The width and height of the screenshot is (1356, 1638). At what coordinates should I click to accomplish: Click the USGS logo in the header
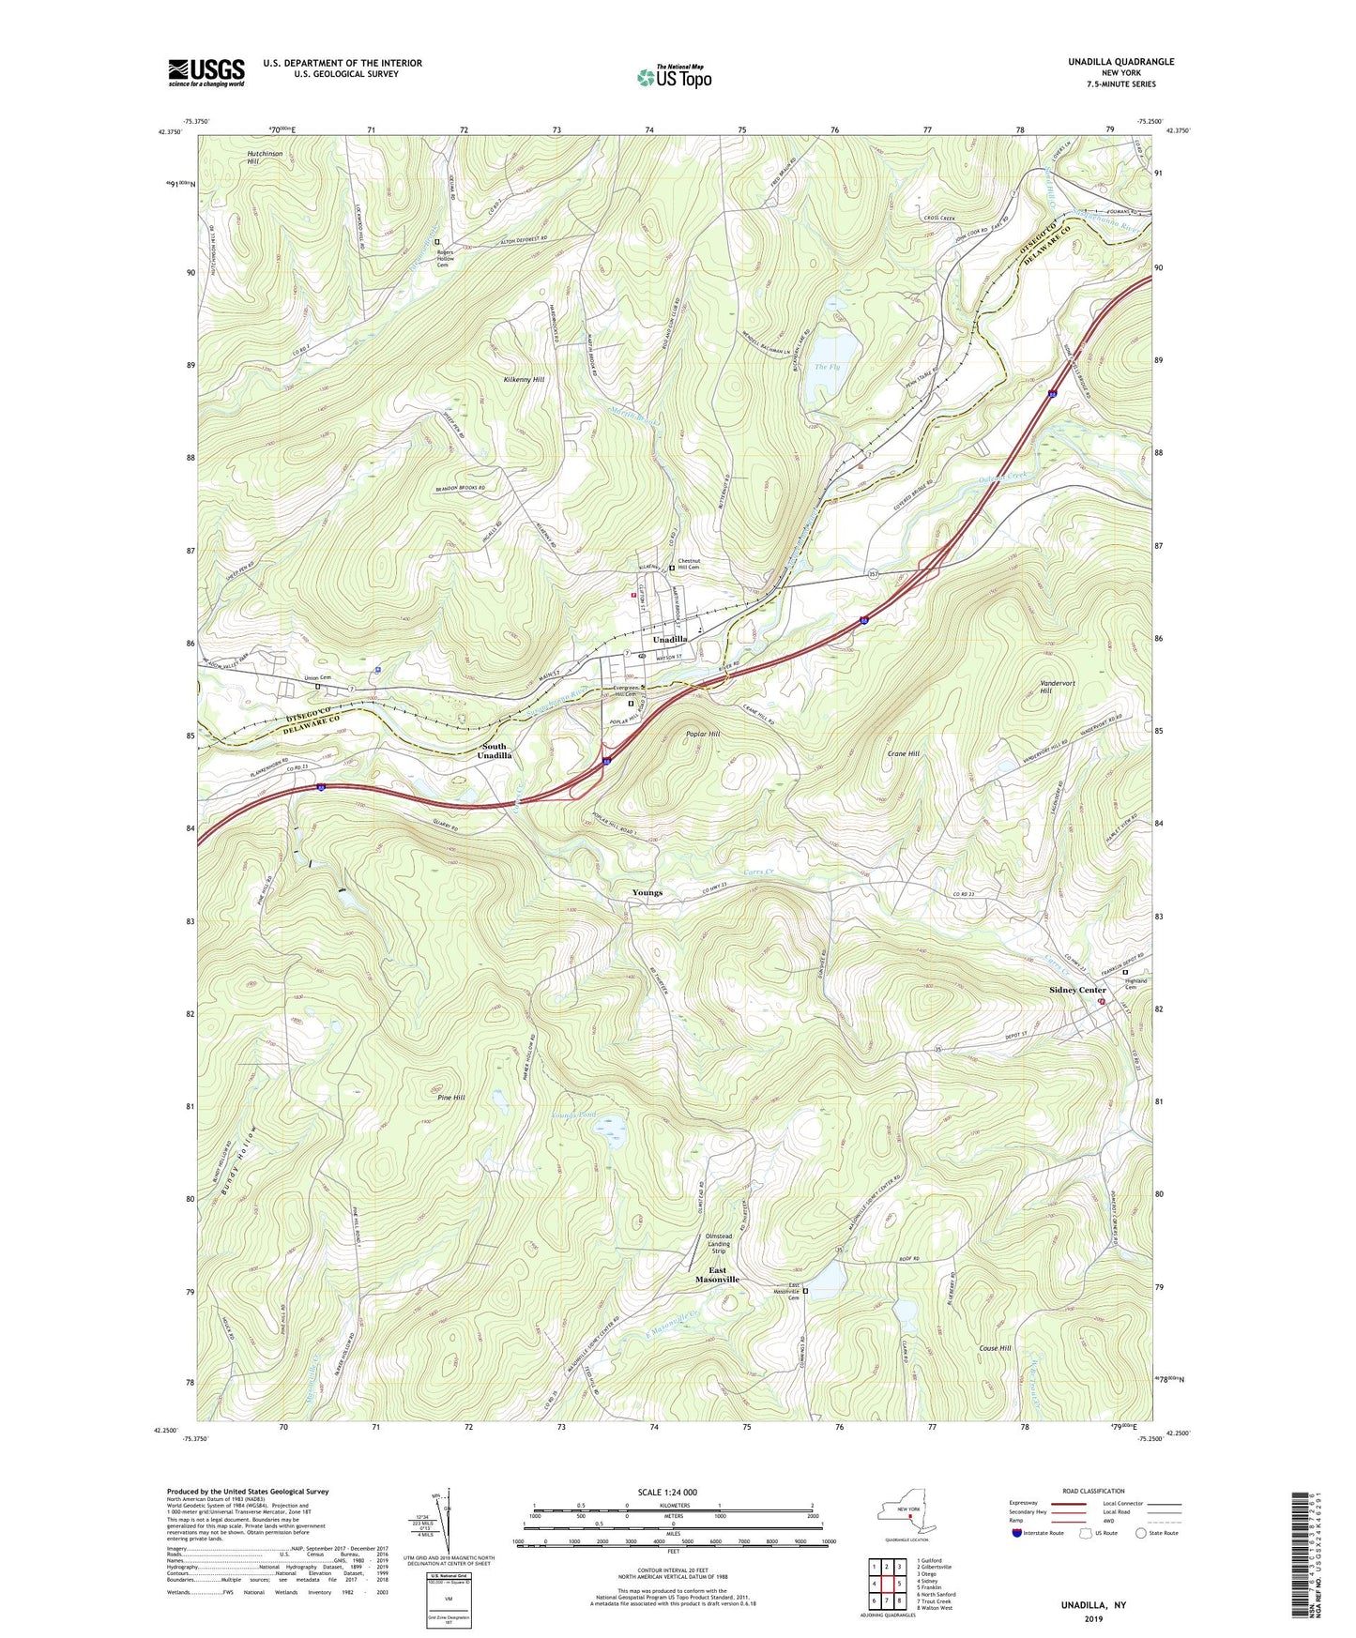pos(206,72)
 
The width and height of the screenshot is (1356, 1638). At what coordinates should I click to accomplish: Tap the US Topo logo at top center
pos(674,77)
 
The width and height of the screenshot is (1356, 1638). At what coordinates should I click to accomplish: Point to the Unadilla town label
pos(670,639)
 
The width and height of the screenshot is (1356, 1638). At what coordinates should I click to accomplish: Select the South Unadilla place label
pos(495,751)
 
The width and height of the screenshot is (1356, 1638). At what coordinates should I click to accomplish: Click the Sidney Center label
pos(1077,990)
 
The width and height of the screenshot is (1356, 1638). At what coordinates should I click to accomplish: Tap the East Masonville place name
pos(717,1275)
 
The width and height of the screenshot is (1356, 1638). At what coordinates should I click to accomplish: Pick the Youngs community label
pos(647,892)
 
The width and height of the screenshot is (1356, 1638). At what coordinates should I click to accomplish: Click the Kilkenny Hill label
pos(524,380)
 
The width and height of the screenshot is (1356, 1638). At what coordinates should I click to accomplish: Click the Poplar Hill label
pos(703,734)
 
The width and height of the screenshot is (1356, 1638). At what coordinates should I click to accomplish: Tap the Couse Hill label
pos(995,1348)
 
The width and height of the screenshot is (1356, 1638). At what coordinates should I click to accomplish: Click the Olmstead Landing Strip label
pos(719,1243)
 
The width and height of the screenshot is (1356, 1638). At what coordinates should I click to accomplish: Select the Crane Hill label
pos(902,753)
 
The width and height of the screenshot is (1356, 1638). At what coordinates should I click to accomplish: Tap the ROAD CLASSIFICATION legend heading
pos(1094,1491)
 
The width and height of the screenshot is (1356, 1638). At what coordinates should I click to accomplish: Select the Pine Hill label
pos(451,1097)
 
